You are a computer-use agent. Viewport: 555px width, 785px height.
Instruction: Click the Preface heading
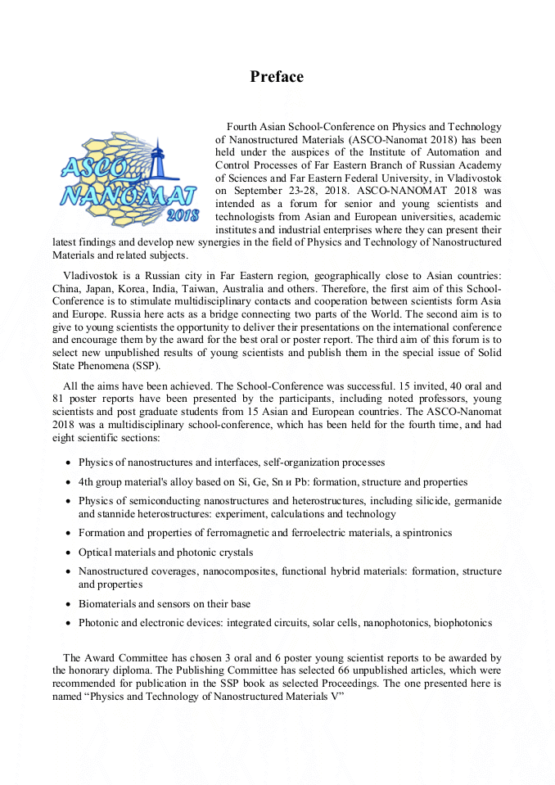tap(277, 77)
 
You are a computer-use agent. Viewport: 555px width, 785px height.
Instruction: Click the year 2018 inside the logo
tap(182, 215)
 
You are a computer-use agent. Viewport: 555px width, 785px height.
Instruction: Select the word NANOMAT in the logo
tap(129, 196)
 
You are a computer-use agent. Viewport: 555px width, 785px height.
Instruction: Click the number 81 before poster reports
tap(59, 399)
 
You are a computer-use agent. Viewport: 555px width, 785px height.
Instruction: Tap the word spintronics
tap(419, 533)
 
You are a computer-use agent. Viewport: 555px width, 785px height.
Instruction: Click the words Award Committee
tap(121, 657)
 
